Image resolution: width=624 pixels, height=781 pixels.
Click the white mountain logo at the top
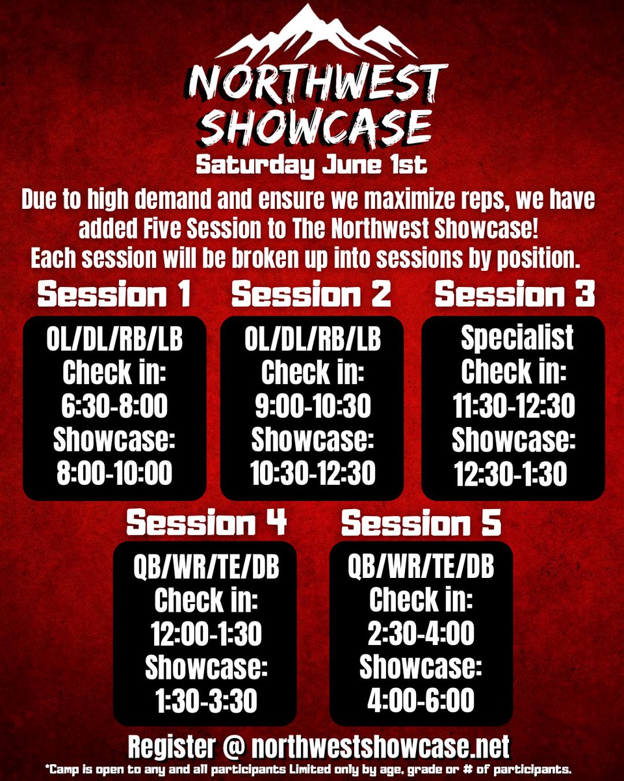(x=312, y=36)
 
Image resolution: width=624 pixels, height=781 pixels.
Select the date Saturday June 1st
(x=312, y=164)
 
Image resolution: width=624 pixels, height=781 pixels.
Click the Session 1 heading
(x=114, y=295)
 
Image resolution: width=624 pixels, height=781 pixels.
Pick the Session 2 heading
(x=311, y=295)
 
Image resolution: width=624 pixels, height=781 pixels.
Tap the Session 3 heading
(x=514, y=295)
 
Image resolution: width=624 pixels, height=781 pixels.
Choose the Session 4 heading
(x=206, y=523)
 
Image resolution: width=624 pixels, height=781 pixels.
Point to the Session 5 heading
(x=421, y=523)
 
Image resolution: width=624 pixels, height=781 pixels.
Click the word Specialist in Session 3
(x=517, y=338)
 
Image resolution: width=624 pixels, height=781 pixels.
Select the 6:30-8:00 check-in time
(x=115, y=406)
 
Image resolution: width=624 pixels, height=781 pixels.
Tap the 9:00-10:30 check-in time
(x=313, y=406)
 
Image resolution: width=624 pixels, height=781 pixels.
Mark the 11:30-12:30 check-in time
(x=513, y=406)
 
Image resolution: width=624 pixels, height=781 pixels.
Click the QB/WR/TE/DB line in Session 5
(x=421, y=568)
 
